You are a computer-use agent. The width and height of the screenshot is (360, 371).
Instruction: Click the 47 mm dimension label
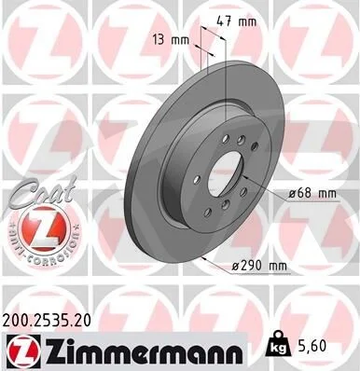[236, 22]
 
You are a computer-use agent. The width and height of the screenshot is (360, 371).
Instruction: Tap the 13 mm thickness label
[171, 40]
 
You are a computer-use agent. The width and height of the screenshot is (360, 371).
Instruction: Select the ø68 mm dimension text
[312, 194]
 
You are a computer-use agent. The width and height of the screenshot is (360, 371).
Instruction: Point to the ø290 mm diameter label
[259, 266]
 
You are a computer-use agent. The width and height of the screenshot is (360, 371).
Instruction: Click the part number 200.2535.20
[47, 321]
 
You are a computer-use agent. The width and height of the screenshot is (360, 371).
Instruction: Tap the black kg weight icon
[278, 345]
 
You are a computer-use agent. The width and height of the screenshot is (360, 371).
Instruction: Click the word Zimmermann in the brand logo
[143, 351]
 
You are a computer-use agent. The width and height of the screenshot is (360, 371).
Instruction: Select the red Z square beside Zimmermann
[21, 350]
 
